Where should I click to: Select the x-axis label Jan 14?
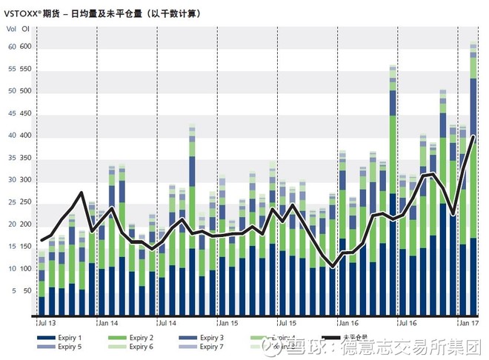[x=108, y=323]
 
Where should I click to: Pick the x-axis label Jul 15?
[x=286, y=323]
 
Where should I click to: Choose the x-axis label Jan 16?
[x=347, y=323]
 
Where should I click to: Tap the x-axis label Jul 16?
[x=408, y=323]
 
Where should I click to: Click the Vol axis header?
[x=10, y=29]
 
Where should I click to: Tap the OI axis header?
[x=26, y=29]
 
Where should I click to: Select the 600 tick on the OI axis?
[x=26, y=46]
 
